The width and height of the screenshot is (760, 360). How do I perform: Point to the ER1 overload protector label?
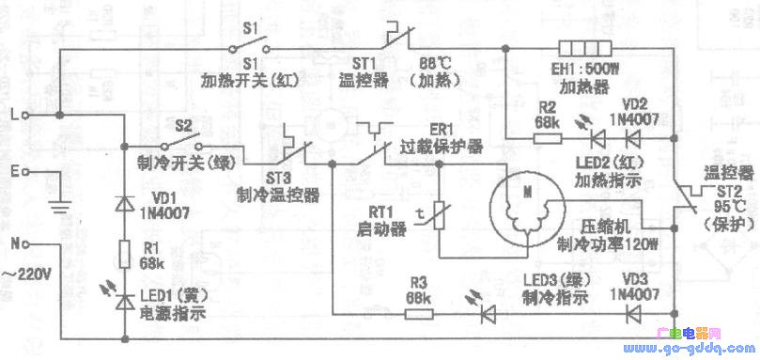point(438,137)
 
